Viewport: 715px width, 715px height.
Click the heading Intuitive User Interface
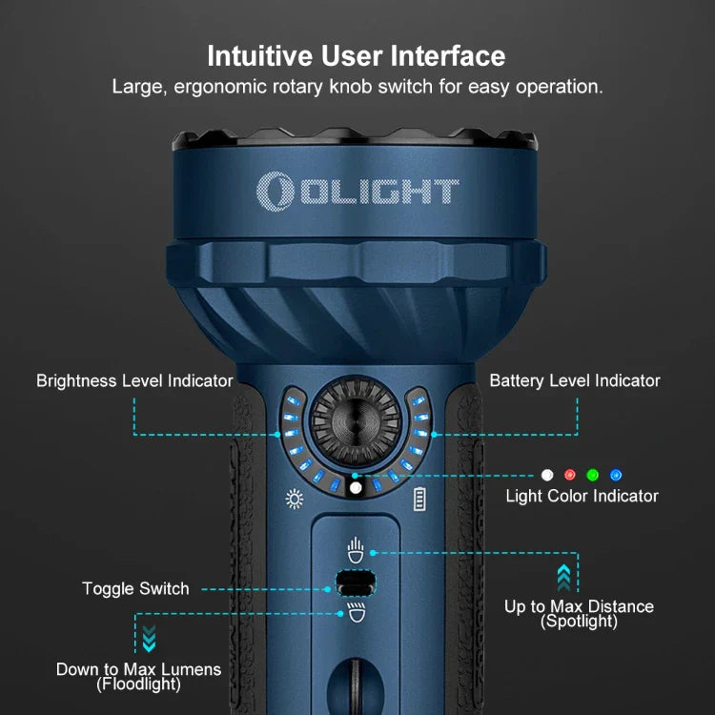click(357, 56)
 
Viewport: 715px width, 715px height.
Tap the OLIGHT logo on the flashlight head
click(357, 192)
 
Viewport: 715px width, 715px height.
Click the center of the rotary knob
click(356, 421)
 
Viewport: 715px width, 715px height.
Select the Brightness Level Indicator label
click(134, 380)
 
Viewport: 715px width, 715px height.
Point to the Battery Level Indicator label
click(575, 380)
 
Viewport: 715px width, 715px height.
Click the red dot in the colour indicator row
click(569, 475)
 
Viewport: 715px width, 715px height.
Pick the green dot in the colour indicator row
click(592, 475)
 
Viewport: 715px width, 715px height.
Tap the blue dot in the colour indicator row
click(616, 475)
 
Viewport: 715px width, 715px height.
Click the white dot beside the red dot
click(547, 475)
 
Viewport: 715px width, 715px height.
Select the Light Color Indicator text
click(582, 496)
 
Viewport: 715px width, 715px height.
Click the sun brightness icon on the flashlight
click(295, 499)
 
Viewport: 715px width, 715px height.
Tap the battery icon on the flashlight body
click(419, 499)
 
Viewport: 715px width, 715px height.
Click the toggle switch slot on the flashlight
click(356, 582)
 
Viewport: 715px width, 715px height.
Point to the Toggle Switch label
click(135, 589)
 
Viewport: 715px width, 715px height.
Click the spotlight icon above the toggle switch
click(356, 550)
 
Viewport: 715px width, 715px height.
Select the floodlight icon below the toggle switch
click(357, 612)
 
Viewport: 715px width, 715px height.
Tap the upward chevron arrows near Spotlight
click(563, 578)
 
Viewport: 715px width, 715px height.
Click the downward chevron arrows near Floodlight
click(149, 639)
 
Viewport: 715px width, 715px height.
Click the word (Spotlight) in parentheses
click(579, 621)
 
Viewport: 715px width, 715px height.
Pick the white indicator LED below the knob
click(356, 488)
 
